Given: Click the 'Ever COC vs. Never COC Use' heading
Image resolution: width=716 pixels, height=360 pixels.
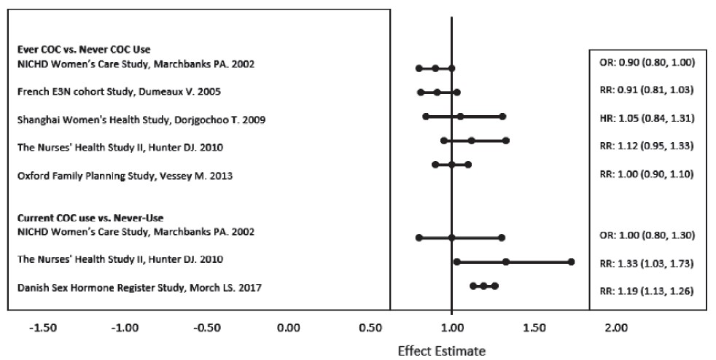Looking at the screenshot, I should (x=84, y=50).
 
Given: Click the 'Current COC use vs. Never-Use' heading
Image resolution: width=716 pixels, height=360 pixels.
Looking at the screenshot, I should (x=90, y=218).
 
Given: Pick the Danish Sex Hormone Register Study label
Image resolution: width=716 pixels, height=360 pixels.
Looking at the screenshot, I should (x=139, y=288).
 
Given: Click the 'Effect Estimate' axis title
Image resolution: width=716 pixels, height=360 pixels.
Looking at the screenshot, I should (x=440, y=351).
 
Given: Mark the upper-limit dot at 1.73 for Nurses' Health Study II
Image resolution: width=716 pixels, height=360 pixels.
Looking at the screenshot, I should (x=571, y=261).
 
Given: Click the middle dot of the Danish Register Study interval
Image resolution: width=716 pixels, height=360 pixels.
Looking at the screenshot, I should (x=483, y=286).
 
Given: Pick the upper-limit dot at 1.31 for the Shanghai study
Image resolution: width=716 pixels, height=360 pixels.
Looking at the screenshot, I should (x=502, y=116).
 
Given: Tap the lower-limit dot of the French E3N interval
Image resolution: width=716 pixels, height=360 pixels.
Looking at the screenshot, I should (x=421, y=92).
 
